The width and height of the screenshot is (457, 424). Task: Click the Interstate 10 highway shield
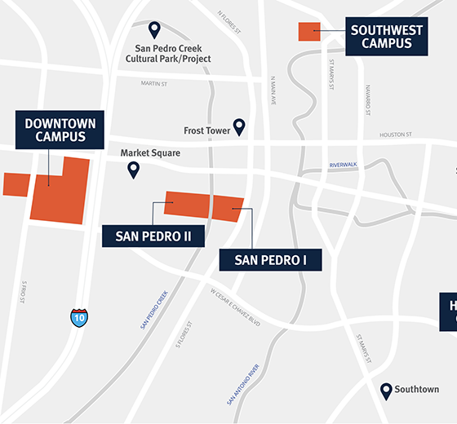79,317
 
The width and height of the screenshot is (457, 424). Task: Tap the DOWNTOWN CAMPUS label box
60,130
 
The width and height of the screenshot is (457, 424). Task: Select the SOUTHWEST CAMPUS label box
387,38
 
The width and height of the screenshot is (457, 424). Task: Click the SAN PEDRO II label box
153,236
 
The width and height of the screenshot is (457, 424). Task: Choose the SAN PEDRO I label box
270,260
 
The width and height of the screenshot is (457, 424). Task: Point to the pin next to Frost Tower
239,127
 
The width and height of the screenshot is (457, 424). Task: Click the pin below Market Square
133,170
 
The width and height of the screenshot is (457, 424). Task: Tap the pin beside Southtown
387,391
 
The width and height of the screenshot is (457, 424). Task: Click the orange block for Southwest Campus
309,32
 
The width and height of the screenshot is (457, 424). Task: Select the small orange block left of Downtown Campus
16,184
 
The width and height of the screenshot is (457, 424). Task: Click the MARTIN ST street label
153,82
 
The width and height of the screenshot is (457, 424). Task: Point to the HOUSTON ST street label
396,135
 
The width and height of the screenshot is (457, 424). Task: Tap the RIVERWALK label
344,165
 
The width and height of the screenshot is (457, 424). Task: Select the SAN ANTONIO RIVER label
243,384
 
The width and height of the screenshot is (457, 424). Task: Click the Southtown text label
417,390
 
